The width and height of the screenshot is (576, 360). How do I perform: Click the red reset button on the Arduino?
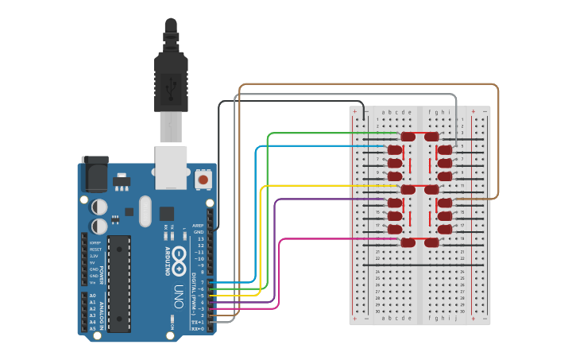(203, 180)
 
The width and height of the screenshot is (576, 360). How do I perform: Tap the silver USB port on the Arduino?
(172, 167)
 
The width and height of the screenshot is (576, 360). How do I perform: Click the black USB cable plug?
(171, 79)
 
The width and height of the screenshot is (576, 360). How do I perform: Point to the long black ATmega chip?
(119, 283)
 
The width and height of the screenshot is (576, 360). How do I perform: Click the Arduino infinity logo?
(179, 259)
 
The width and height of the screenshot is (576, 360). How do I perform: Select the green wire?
(318, 133)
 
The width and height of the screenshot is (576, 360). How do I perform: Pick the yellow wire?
(318, 185)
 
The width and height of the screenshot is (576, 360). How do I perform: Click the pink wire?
(318, 238)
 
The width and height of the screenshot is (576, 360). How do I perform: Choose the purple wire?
(318, 199)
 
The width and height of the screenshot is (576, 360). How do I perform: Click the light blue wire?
(318, 146)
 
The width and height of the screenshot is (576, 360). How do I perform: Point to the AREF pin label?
(198, 225)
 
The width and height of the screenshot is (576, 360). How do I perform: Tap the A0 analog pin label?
(92, 296)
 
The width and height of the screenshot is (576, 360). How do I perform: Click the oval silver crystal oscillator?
(145, 211)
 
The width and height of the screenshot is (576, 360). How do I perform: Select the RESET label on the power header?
(95, 249)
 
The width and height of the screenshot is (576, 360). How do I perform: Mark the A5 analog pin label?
(92, 328)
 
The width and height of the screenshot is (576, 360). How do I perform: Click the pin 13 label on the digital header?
(200, 238)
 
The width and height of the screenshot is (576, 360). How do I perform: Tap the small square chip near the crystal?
(167, 213)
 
